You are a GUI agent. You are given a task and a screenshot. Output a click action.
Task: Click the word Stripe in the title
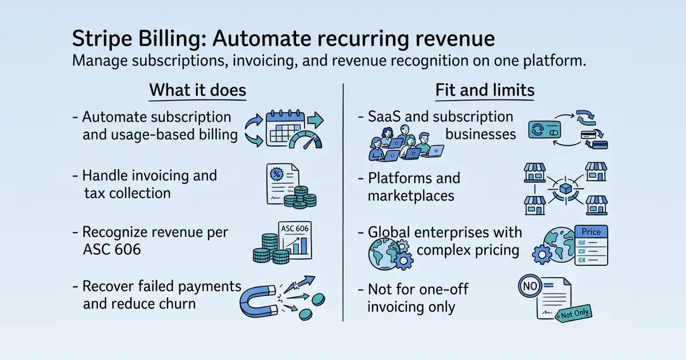(x=102, y=39)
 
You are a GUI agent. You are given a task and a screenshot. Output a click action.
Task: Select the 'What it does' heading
(x=198, y=90)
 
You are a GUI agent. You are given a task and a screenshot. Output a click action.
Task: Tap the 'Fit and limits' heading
(x=485, y=90)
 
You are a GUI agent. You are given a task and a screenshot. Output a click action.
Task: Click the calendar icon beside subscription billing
(x=285, y=128)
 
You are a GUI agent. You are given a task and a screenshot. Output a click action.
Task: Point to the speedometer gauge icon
(x=305, y=140)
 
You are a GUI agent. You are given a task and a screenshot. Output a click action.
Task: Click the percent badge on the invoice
(x=277, y=174)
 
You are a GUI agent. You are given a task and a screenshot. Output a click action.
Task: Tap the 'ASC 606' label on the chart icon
(x=295, y=229)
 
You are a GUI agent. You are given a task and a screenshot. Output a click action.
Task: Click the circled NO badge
(x=530, y=286)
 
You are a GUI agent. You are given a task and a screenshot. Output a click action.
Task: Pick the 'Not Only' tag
(x=574, y=314)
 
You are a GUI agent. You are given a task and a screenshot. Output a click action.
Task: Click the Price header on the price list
(x=591, y=232)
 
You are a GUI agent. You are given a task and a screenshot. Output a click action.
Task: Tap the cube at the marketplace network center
(x=565, y=189)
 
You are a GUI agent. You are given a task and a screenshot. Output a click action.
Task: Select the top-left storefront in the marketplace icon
(x=535, y=173)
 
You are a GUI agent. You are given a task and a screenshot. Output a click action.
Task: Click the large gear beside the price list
(x=542, y=254)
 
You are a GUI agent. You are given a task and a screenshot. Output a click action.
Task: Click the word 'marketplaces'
(x=410, y=196)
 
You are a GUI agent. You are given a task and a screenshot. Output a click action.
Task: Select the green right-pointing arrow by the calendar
(x=316, y=119)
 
